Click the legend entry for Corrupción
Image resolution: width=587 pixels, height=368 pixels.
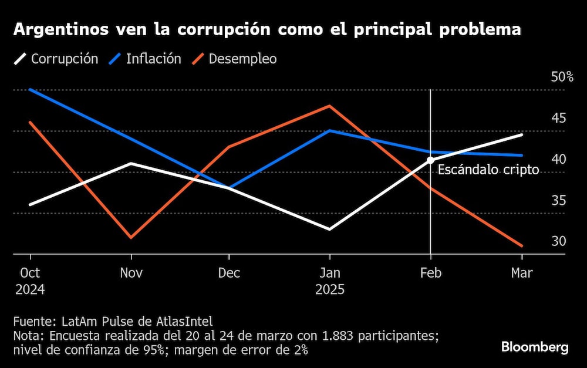tap(56, 59)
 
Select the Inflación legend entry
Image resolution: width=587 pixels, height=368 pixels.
tap(146, 59)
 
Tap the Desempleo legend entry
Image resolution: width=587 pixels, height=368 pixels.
tap(234, 59)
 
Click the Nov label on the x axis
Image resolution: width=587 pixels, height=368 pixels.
tap(131, 273)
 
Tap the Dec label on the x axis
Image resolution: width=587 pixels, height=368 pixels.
tap(229, 273)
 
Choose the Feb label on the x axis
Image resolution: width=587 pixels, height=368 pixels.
tap(431, 273)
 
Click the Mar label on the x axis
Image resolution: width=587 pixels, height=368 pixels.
tap(522, 273)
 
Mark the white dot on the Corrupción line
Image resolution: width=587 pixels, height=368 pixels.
tap(431, 160)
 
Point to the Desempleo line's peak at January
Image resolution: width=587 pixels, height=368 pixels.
tap(330, 106)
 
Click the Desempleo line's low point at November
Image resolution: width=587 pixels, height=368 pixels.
tap(131, 238)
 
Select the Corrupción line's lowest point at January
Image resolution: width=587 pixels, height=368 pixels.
tap(330, 229)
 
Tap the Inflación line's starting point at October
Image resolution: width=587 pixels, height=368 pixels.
tap(30, 90)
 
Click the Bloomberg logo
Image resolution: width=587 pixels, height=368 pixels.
tap(535, 347)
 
